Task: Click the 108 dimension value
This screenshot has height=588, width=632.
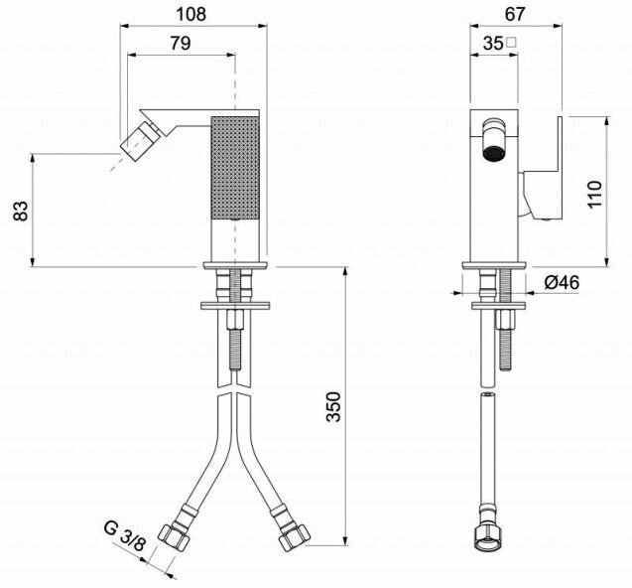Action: pos(191,14)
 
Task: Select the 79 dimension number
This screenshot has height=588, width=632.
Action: pos(181,43)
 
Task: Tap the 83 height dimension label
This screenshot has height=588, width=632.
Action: pos(21,211)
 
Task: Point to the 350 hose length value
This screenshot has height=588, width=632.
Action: pos(333,406)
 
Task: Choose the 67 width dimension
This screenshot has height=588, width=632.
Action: pos(516,14)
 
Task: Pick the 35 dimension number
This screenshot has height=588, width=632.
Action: pos(493,43)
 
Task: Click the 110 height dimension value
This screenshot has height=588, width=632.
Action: pos(594,194)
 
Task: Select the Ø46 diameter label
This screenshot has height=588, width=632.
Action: pos(562,282)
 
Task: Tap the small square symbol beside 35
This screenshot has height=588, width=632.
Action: pos(512,42)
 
